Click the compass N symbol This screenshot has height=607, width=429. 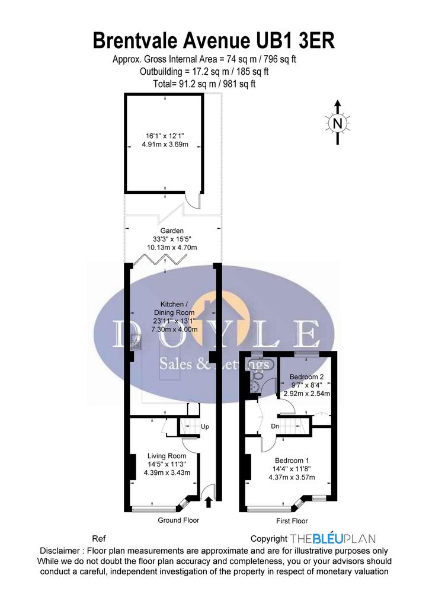[338, 123]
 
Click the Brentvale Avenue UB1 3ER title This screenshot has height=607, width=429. [214, 41]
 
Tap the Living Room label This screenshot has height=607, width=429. [167, 456]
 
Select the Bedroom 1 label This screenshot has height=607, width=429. [292, 461]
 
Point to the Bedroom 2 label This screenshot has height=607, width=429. [306, 376]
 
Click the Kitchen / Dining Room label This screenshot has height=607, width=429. [174, 308]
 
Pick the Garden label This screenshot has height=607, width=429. [172, 231]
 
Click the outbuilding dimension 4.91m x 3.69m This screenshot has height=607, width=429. [165, 145]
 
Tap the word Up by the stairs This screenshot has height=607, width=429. [204, 427]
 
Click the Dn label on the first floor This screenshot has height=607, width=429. [275, 426]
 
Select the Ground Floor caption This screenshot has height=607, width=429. [178, 520]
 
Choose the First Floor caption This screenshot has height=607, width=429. [292, 521]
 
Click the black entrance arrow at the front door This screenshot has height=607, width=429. [209, 502]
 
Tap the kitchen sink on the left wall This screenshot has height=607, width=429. [136, 341]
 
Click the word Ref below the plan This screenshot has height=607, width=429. [98, 539]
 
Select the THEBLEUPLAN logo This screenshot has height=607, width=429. [332, 538]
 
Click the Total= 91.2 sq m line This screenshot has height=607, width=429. [204, 84]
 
